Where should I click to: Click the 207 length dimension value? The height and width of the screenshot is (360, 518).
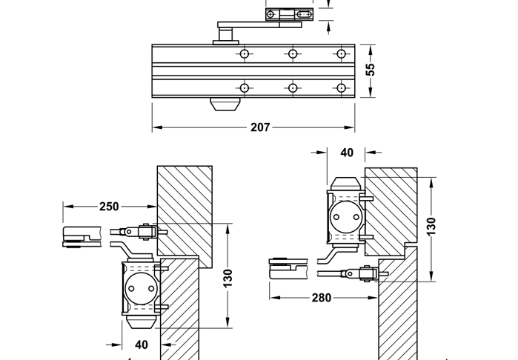click(260, 127)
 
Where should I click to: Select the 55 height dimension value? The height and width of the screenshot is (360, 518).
click(371, 69)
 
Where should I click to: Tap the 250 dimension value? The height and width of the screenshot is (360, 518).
click(109, 207)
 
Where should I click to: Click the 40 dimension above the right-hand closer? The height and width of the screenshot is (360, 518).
click(346, 153)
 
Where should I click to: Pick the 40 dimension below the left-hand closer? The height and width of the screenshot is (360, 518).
click(142, 344)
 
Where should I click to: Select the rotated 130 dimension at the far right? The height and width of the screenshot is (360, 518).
click(431, 226)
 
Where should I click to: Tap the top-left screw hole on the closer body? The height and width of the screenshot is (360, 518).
click(244, 54)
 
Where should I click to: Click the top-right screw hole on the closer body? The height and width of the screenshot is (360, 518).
click(341, 54)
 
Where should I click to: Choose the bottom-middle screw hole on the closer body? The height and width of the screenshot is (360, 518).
click(293, 88)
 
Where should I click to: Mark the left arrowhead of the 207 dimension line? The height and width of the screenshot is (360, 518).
click(156, 127)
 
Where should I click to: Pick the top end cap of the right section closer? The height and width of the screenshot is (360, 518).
click(346, 183)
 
